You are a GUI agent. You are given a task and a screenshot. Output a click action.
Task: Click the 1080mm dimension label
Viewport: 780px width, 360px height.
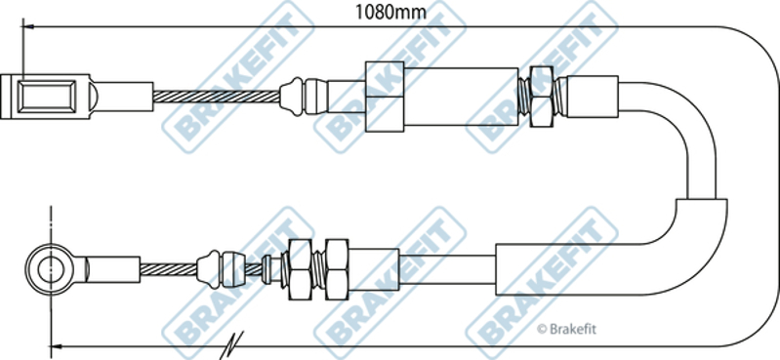pos(390,12)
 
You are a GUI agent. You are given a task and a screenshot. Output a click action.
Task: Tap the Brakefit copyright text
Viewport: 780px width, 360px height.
pos(566,329)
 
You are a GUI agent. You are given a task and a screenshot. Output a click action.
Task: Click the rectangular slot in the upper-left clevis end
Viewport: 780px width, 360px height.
pos(46,97)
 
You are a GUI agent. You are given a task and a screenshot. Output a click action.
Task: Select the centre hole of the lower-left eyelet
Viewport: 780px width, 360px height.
pos(51,270)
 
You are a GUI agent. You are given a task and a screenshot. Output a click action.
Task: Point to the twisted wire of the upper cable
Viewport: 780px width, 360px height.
pos(217,97)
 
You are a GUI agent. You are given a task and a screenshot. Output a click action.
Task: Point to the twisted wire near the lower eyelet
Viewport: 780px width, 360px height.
pos(169,269)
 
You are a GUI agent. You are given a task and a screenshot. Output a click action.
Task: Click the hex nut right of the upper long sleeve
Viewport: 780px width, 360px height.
pos(541,97)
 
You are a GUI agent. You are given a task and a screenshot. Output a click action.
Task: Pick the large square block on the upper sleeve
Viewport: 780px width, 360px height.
pos(385,97)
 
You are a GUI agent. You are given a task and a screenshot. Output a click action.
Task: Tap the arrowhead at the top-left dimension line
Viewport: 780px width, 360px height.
pos(28,26)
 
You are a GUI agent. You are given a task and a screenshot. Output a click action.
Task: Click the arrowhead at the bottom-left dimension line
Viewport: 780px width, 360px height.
pos(57,345)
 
